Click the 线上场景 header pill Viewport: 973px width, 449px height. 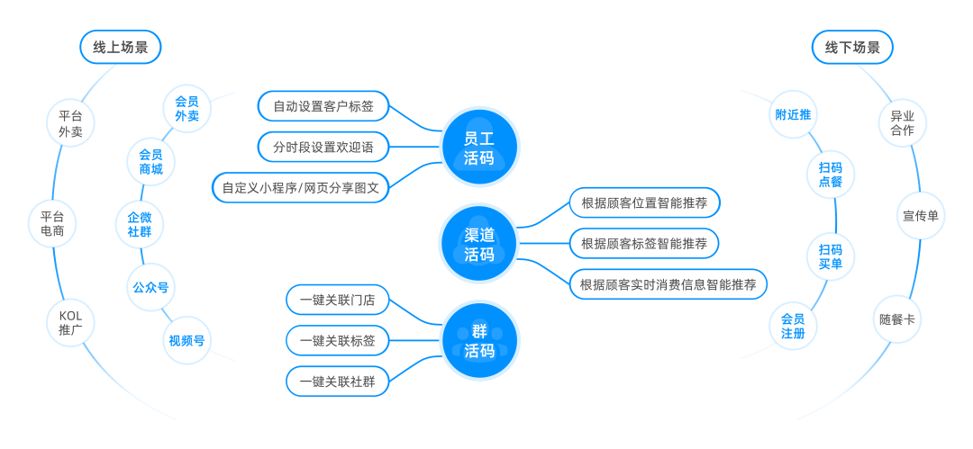(121, 47)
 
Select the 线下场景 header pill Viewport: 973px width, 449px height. (852, 47)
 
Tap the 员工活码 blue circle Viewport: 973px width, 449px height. (478, 148)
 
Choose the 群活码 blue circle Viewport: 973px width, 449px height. (478, 340)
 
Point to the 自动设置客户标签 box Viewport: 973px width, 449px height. (323, 106)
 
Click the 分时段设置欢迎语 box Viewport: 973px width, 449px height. (323, 147)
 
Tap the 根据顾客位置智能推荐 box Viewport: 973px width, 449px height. (644, 202)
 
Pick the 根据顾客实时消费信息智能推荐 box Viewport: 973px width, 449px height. (668, 284)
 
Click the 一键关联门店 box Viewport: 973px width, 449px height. (338, 301)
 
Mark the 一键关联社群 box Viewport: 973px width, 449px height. (338, 381)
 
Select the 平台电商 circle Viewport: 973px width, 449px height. (52, 224)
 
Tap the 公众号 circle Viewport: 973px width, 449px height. (150, 287)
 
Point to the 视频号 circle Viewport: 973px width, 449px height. (186, 340)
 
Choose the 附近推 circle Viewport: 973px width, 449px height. (793, 114)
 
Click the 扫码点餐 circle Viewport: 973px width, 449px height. (831, 175)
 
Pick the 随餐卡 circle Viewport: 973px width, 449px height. (897, 320)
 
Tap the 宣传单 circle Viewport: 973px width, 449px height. (920, 217)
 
